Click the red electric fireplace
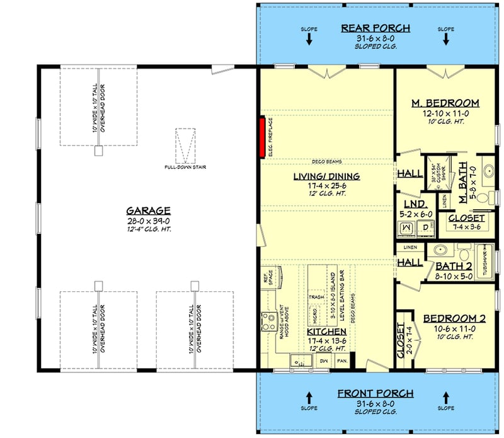pyautogui.click(x=260, y=137)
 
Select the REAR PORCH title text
pyautogui.click(x=375, y=28)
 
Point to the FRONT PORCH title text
pyautogui.click(x=375, y=393)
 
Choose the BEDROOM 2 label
pyautogui.click(x=449, y=318)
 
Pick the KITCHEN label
pyautogui.click(x=326, y=331)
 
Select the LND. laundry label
pyautogui.click(x=416, y=204)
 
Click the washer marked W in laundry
pyautogui.click(x=406, y=226)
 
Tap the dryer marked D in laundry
pyautogui.click(x=426, y=226)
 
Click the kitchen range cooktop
pyautogui.click(x=268, y=325)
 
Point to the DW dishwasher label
pyautogui.click(x=326, y=361)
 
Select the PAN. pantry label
pyautogui.click(x=343, y=361)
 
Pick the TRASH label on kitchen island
pyautogui.click(x=316, y=297)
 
